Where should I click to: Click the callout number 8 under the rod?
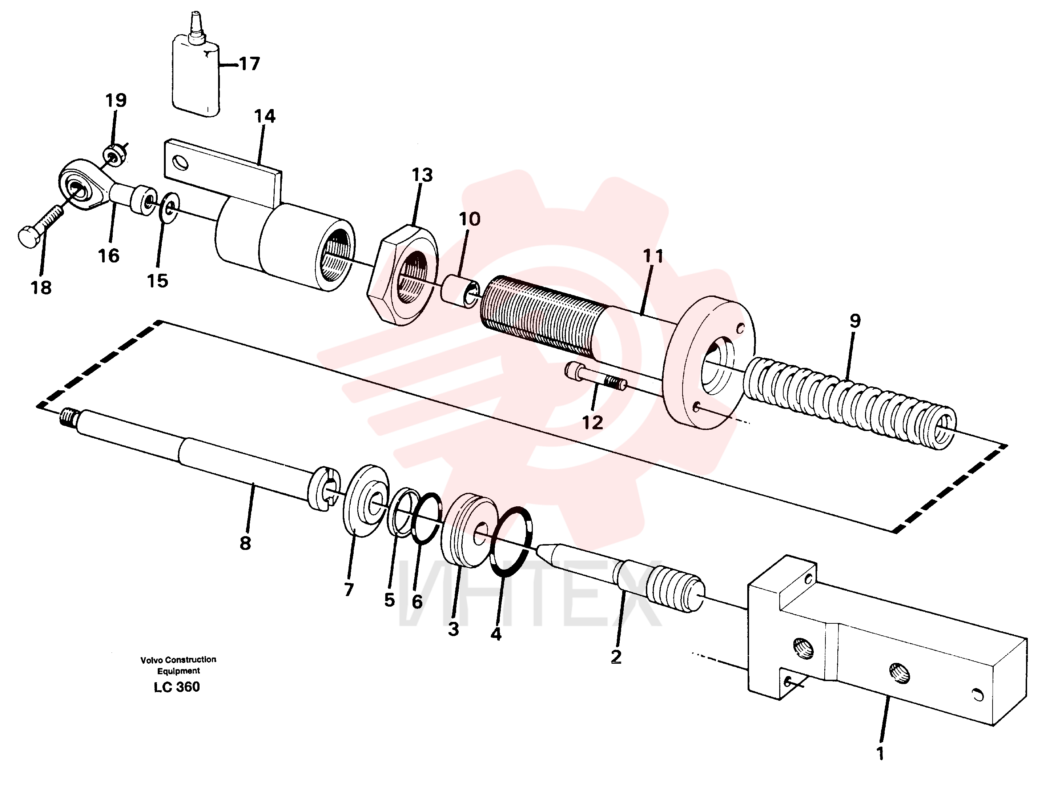click(x=245, y=543)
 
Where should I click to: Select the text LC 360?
click(x=177, y=687)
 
